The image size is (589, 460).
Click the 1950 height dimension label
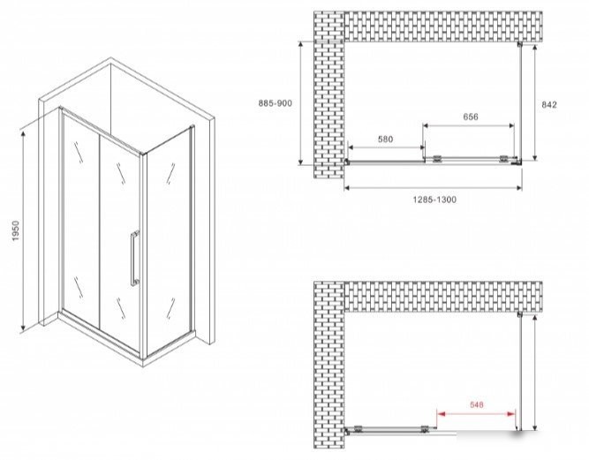[x=15, y=231]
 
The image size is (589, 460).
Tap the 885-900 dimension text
[x=275, y=103]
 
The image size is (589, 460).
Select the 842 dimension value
[x=549, y=105]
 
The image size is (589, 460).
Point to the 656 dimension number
[x=471, y=117]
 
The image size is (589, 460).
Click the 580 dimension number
[x=385, y=140]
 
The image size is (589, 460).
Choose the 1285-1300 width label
[x=435, y=200]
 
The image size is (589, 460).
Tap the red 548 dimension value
[x=477, y=404]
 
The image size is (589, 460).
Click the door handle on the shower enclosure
[x=135, y=259]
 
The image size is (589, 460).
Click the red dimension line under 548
[x=476, y=414]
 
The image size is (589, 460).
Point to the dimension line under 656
[x=469, y=125]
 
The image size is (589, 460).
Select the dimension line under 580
[x=387, y=147]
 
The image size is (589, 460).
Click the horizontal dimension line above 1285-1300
[x=433, y=187]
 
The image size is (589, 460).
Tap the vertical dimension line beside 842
[x=535, y=102]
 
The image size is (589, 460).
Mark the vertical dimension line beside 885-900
[x=300, y=102]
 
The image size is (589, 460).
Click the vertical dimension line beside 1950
[x=24, y=231]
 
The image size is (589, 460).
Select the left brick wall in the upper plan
[x=329, y=94]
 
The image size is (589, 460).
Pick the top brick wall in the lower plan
[x=443, y=297]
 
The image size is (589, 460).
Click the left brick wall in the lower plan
[x=329, y=365]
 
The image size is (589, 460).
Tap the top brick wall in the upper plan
[x=443, y=26]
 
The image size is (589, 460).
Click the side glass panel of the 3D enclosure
[x=169, y=241]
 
